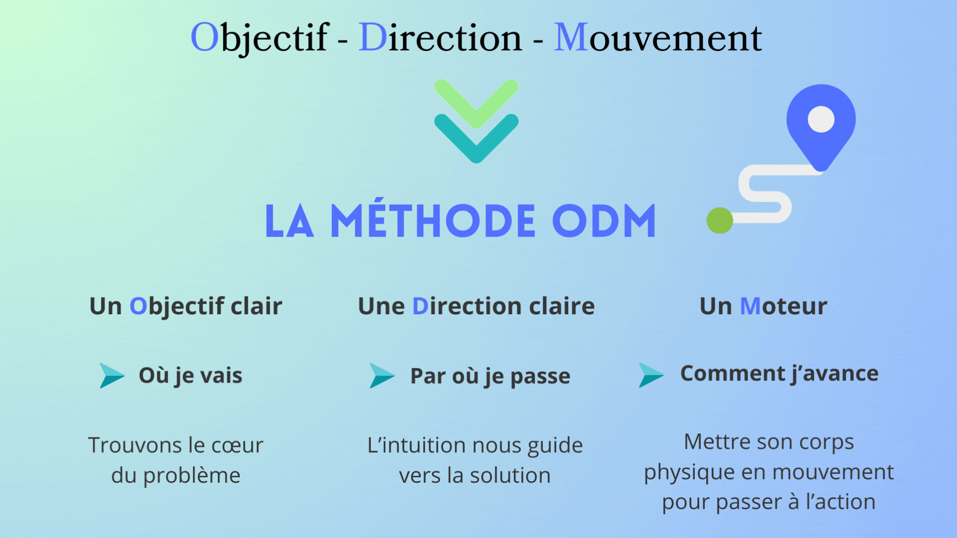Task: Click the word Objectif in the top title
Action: click(x=259, y=38)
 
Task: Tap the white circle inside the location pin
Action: click(x=821, y=120)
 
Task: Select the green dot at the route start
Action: click(x=720, y=220)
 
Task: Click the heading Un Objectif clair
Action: click(x=186, y=306)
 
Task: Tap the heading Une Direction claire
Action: click(x=477, y=306)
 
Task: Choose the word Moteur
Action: click(x=784, y=306)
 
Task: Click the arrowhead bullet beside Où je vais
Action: click(x=112, y=376)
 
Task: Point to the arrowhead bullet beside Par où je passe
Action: click(x=382, y=376)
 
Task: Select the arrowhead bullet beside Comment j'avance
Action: click(x=651, y=375)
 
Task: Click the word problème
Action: click(x=192, y=476)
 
